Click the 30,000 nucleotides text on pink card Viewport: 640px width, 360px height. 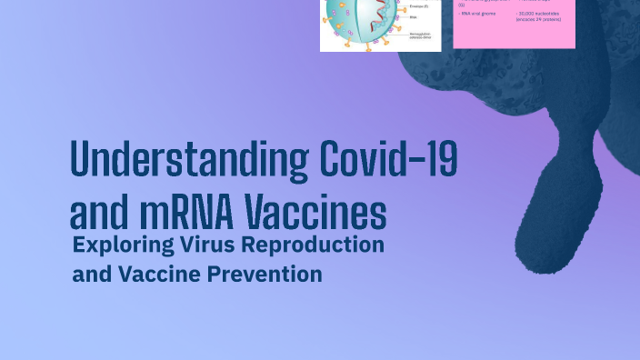click(536, 15)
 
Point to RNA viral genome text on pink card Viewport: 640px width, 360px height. click(478, 15)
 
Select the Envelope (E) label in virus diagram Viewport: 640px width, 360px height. click(421, 6)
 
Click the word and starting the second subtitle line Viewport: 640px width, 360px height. click(90, 274)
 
